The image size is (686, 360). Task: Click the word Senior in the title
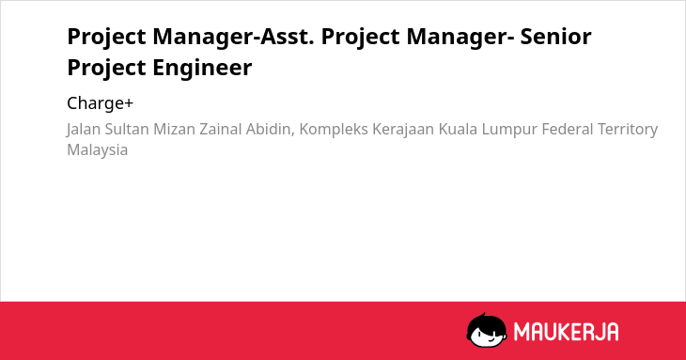555,36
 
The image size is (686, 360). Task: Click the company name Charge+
100,103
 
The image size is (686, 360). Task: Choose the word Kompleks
334,130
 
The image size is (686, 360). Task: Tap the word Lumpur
509,130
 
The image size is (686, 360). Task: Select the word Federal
568,129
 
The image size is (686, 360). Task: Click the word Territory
628,130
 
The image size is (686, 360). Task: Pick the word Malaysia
97,150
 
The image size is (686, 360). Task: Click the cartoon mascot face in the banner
487,330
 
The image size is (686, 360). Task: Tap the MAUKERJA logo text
566,332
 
